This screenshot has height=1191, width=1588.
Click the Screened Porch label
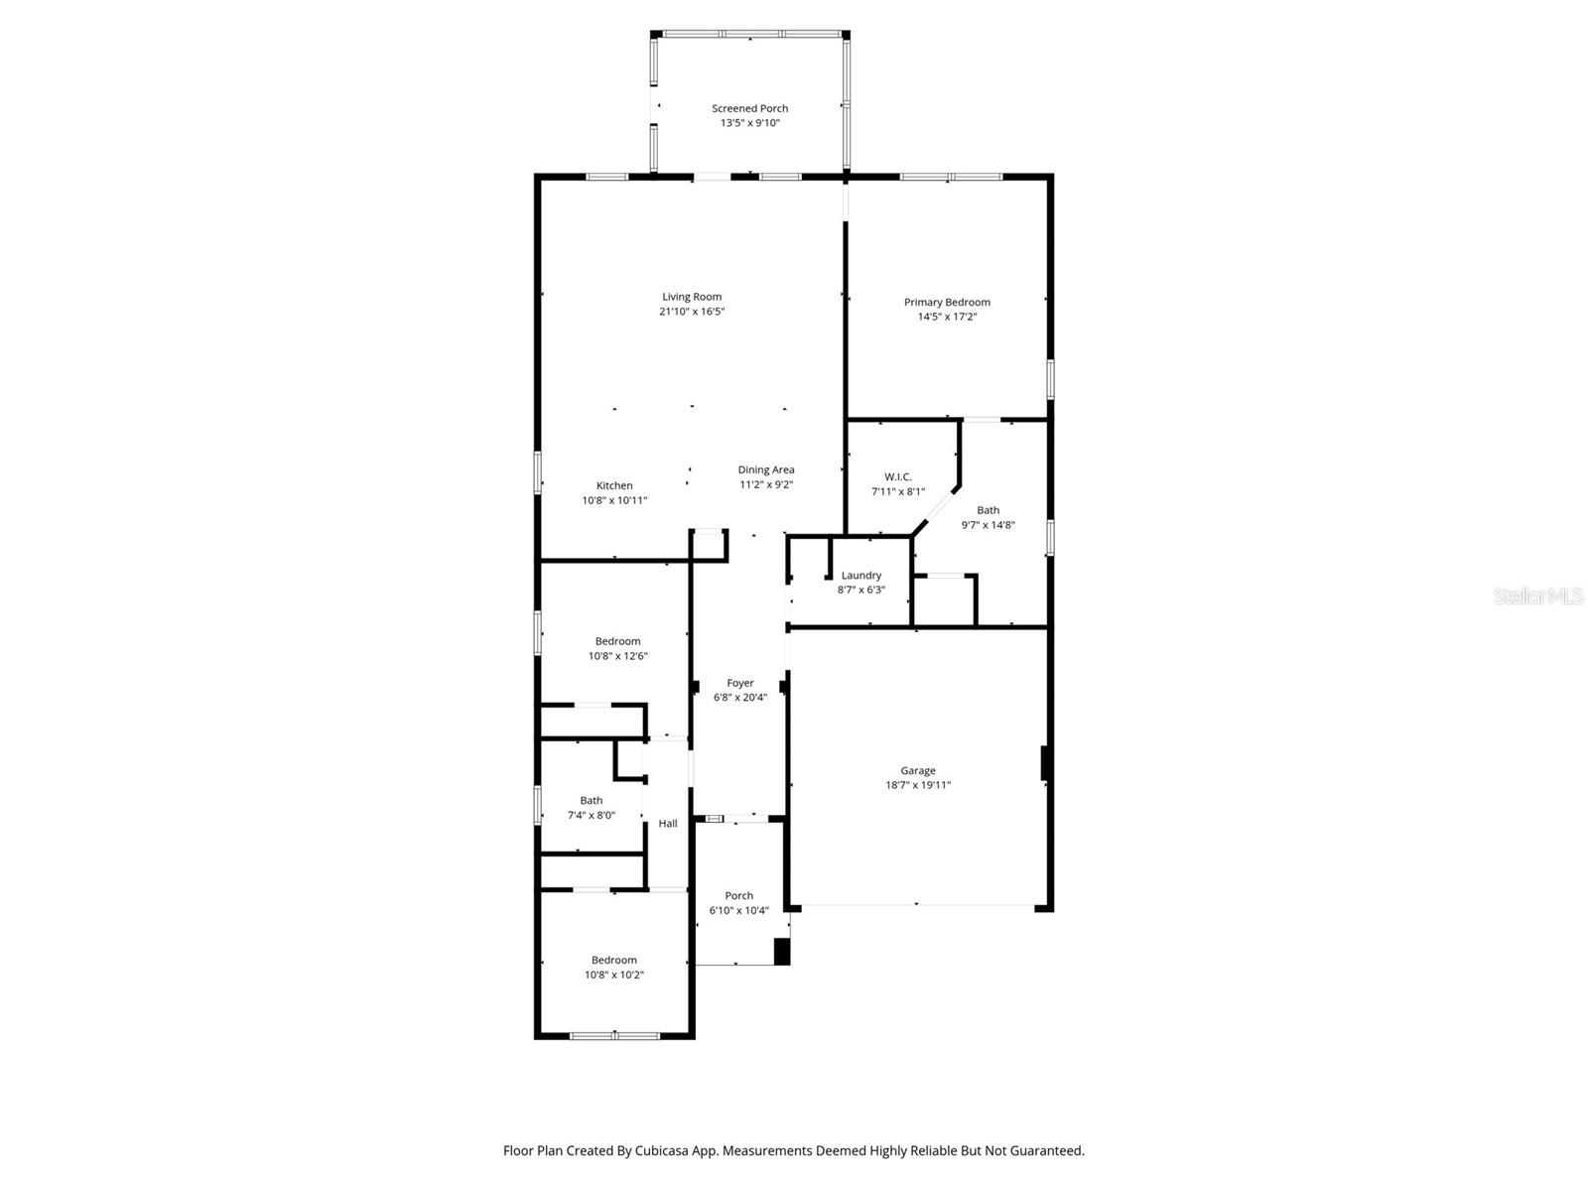(749, 108)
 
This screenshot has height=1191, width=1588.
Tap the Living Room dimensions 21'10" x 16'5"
(692, 312)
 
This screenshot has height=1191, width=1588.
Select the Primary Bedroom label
(947, 302)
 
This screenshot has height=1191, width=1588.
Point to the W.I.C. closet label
(898, 476)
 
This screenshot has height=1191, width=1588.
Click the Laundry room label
(860, 575)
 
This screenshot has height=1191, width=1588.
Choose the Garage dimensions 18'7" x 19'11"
(918, 785)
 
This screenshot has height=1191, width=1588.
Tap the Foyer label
(740, 683)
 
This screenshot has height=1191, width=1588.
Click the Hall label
(668, 823)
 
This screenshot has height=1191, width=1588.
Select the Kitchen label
(614, 485)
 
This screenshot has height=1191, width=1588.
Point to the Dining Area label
(765, 469)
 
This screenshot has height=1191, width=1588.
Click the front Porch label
(738, 895)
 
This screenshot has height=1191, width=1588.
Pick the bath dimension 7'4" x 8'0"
(591, 815)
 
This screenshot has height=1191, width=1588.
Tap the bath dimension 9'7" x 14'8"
(988, 525)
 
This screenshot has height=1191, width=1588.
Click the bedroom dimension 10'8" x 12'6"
(617, 656)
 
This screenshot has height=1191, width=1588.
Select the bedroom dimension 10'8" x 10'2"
(613, 975)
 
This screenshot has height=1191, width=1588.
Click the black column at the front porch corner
(782, 952)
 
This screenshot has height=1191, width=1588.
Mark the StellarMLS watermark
(1538, 596)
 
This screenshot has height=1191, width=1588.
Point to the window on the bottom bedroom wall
(614, 1036)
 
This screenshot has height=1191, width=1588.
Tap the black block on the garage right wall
(1045, 763)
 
